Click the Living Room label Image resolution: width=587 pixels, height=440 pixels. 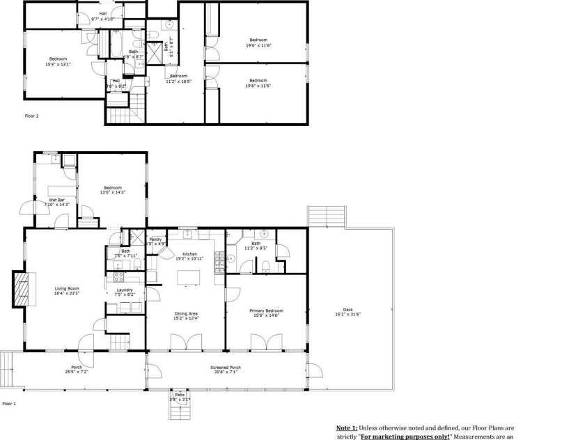pyautogui.click(x=68, y=290)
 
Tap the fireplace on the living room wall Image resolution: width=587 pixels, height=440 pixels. pyautogui.click(x=23, y=288)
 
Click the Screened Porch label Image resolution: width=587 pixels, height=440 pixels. pyautogui.click(x=225, y=369)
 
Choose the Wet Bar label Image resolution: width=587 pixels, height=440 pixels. pyautogui.click(x=57, y=202)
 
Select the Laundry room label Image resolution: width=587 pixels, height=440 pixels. pyautogui.click(x=125, y=292)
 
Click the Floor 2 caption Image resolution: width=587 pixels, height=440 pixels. pyautogui.click(x=31, y=116)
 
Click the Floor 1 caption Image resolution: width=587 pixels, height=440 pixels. pyautogui.click(x=8, y=404)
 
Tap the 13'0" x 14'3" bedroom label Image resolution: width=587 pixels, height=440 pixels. pyautogui.click(x=113, y=189)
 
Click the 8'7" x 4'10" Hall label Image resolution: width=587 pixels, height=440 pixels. pyautogui.click(x=103, y=16)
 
